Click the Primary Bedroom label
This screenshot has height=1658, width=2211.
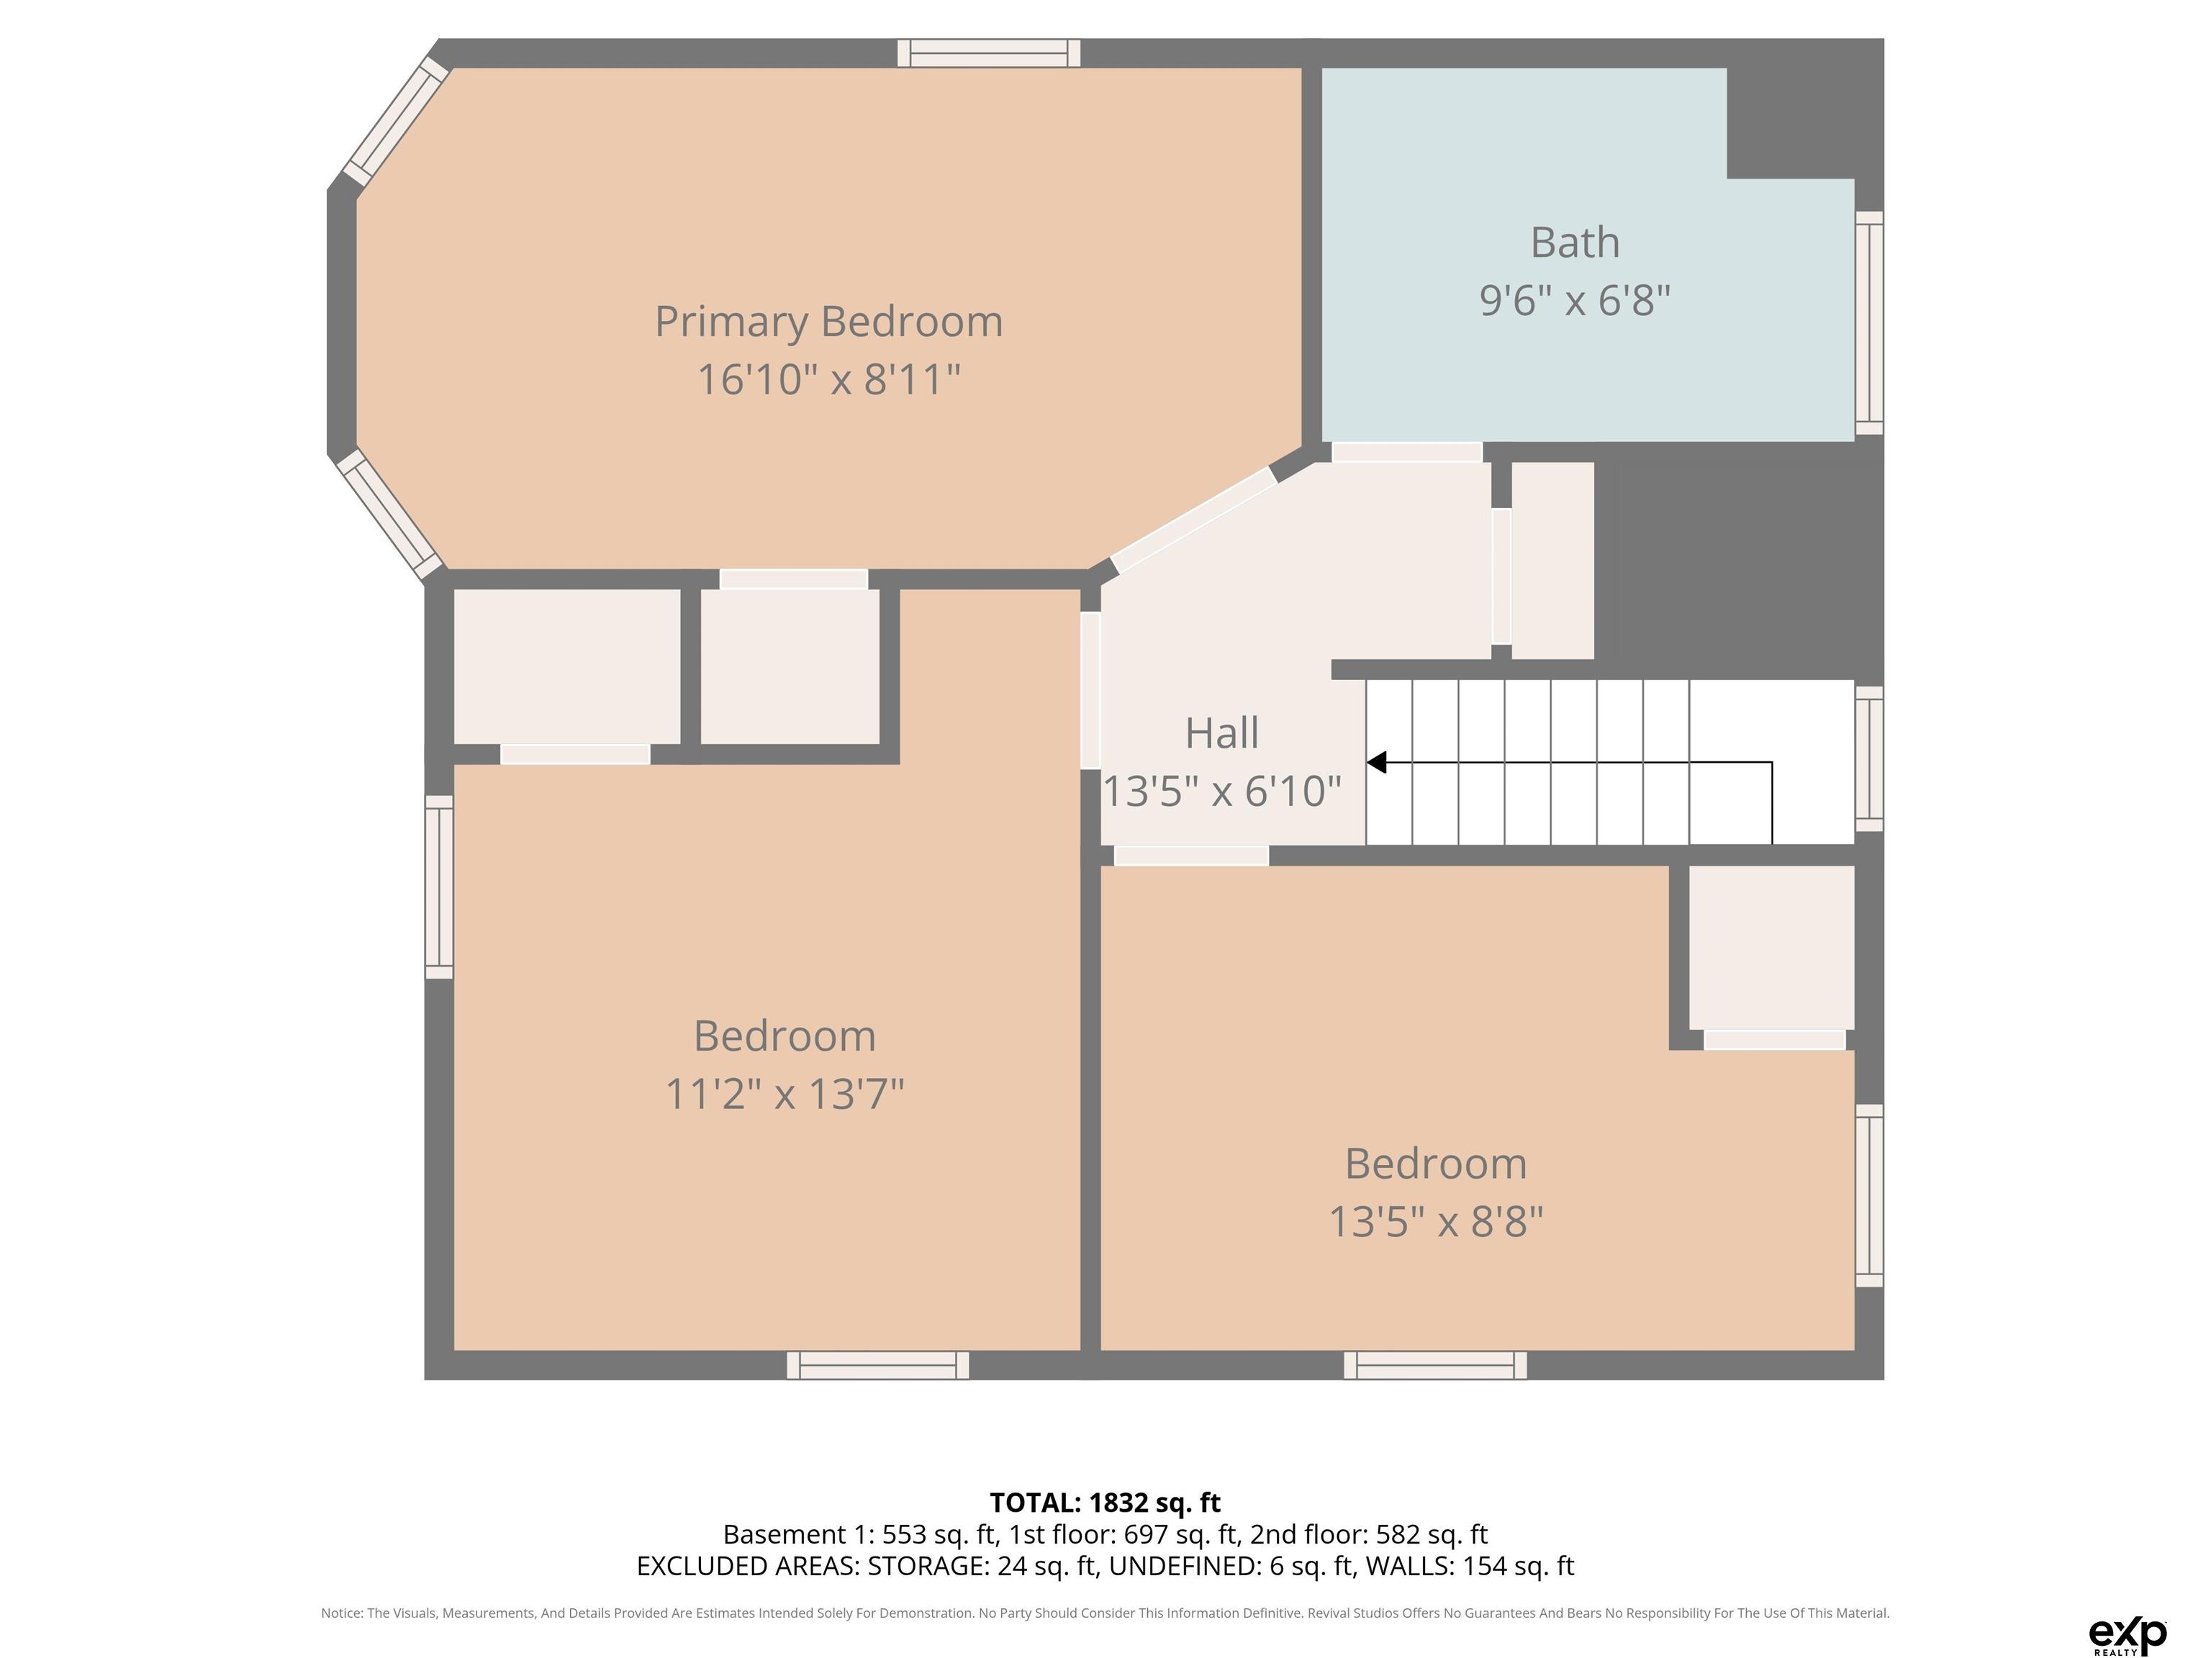(x=828, y=322)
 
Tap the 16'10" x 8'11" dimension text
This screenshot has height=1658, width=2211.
(x=828, y=380)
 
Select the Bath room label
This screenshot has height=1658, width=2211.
(x=1575, y=242)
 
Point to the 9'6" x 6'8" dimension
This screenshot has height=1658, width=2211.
(x=1575, y=300)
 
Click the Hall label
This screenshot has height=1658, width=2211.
(x=1221, y=733)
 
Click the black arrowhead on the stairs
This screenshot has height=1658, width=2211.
(x=1376, y=763)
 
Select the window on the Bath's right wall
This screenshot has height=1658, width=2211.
(x=1869, y=323)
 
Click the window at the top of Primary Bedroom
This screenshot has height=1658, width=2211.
(x=989, y=53)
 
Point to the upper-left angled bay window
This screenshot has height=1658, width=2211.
(x=396, y=121)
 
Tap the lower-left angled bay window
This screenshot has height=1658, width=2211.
(x=390, y=515)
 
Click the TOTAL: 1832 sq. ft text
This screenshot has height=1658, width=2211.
(x=1105, y=1502)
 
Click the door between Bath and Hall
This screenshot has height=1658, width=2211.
(x=1406, y=452)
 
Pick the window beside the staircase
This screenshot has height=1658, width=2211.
(x=1869, y=759)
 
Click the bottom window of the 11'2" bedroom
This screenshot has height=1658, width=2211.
(x=877, y=1365)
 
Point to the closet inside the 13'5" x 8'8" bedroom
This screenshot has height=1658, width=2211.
(x=1771, y=948)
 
